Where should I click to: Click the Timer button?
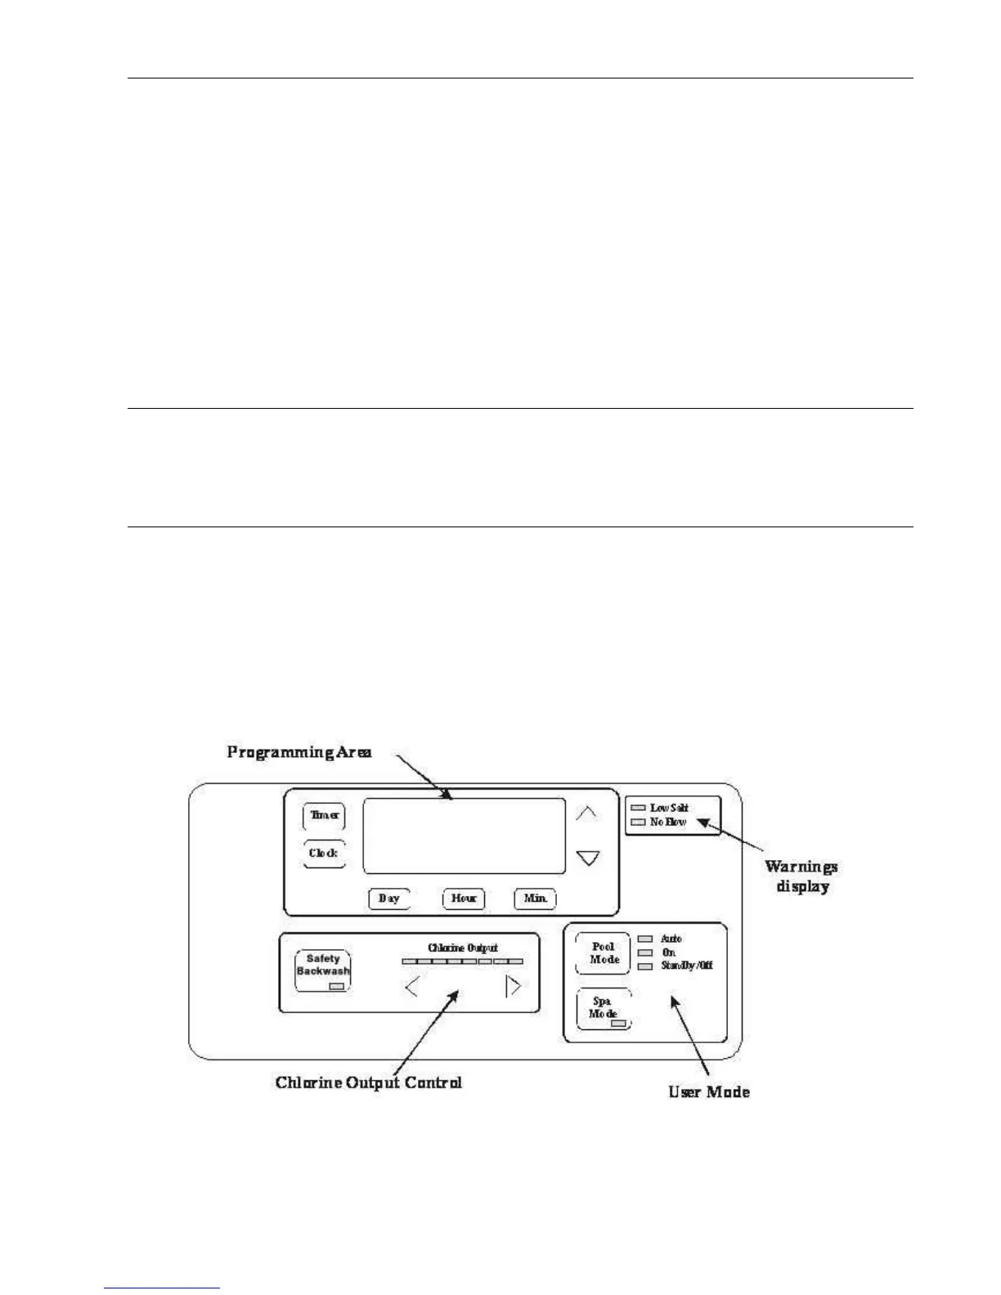click(x=324, y=816)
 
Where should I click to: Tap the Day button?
click(x=388, y=898)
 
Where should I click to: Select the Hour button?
click(x=464, y=898)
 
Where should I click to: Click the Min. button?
click(x=536, y=898)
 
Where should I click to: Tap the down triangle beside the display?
click(x=587, y=858)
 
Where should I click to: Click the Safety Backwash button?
click(x=323, y=969)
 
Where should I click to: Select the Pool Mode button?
click(x=604, y=953)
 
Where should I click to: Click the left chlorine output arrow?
click(x=412, y=987)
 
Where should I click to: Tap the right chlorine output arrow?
click(x=513, y=987)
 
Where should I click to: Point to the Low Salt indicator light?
click(x=638, y=809)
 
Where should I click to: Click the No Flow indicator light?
click(x=638, y=822)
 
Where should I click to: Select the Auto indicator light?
click(x=646, y=939)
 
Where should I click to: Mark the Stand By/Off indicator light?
click(x=646, y=966)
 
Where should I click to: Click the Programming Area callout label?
click(x=299, y=752)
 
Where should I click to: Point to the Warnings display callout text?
click(x=801, y=876)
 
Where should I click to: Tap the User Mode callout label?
click(x=709, y=1091)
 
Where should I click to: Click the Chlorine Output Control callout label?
click(x=369, y=1082)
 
